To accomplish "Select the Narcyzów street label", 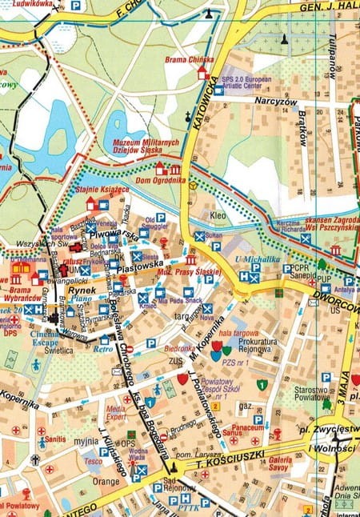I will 277,102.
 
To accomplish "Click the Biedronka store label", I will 178,349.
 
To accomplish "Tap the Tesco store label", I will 93,461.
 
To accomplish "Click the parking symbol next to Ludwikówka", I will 75,6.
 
